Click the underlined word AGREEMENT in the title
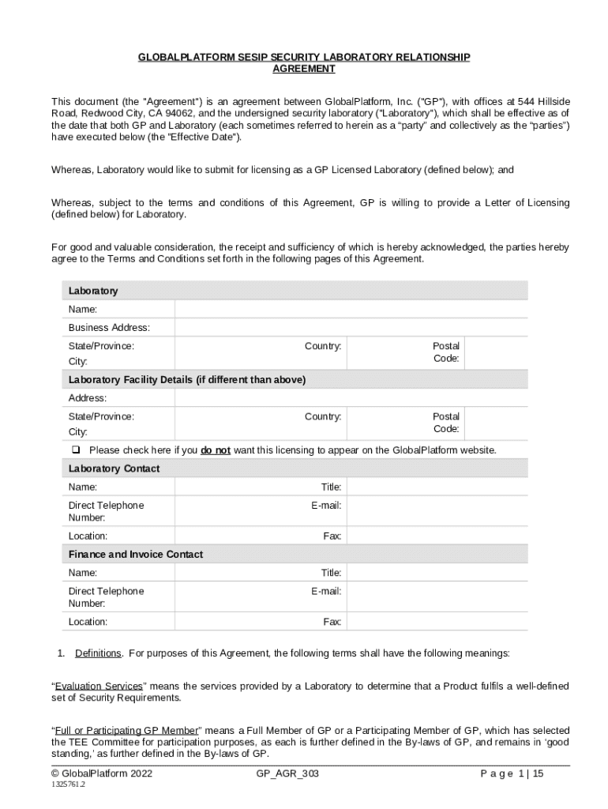[x=304, y=69]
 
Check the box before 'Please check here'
[x=77, y=450]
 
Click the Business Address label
[x=109, y=328]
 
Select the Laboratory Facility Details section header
[x=187, y=380]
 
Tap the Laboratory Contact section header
[x=114, y=468]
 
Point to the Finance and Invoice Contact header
[x=136, y=555]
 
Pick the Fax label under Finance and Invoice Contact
[x=332, y=622]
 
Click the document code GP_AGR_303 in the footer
[x=287, y=774]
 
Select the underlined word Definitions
[x=99, y=653]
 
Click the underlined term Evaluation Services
[x=99, y=686]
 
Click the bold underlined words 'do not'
[x=216, y=450]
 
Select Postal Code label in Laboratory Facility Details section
[x=446, y=423]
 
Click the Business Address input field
[x=351, y=328]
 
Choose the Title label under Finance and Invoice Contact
[x=331, y=573]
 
